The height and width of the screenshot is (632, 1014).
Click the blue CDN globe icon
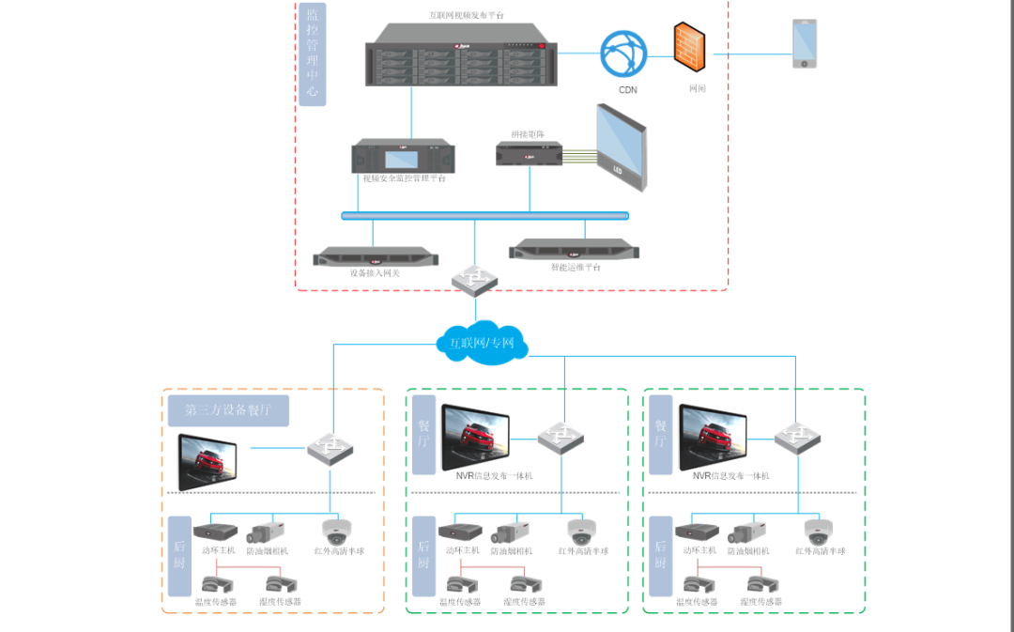(x=624, y=55)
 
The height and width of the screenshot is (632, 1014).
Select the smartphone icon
(x=804, y=43)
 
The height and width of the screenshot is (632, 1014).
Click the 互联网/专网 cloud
(x=482, y=344)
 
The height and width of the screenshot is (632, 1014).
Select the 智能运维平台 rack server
(x=574, y=250)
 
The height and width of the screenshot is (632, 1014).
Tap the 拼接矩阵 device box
(x=529, y=153)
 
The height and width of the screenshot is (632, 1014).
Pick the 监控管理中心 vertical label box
(x=313, y=54)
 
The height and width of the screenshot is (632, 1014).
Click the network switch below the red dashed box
(x=475, y=278)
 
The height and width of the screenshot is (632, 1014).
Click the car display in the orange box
(x=208, y=461)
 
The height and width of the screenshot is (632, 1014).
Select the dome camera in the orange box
(x=335, y=532)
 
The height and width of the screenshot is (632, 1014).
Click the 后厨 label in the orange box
(x=180, y=556)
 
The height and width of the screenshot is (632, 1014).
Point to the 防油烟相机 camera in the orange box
(x=265, y=532)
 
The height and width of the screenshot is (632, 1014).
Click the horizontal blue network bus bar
(x=484, y=215)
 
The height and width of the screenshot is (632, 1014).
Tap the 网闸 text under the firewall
(x=697, y=88)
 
